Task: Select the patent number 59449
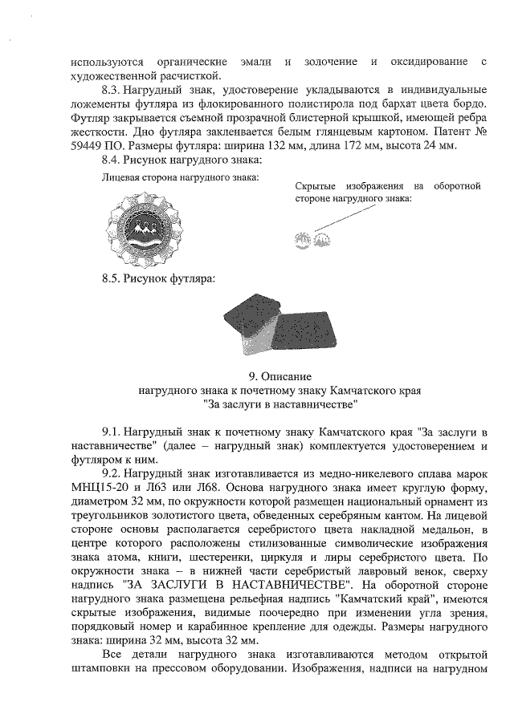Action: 88,147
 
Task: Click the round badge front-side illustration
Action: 147,227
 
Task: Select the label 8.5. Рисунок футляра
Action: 159,278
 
